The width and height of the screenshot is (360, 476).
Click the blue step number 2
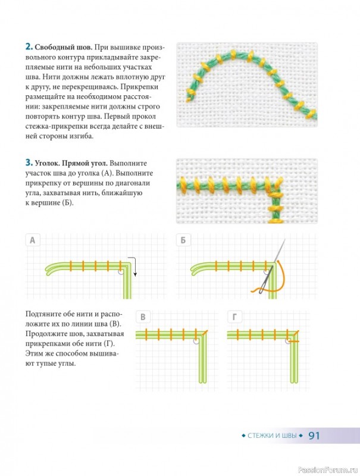pyautogui.click(x=29, y=47)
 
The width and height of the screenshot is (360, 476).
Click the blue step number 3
pyautogui.click(x=29, y=162)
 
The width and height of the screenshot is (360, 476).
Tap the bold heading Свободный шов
pyautogui.click(x=64, y=48)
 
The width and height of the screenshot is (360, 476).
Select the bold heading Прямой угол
pyautogui.click(x=84, y=163)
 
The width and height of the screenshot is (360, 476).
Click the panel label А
pyautogui.click(x=33, y=240)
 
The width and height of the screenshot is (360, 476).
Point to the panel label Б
pyautogui.click(x=183, y=240)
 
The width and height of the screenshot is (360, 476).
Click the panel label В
pyautogui.click(x=143, y=317)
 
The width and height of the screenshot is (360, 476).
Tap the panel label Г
pyautogui.click(x=234, y=317)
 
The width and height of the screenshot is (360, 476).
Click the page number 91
pyautogui.click(x=314, y=436)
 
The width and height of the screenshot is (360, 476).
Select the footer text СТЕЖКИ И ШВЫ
pyautogui.click(x=272, y=436)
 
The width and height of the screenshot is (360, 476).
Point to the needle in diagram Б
pyautogui.click(x=272, y=267)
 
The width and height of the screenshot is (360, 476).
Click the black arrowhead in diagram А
pyautogui.click(x=135, y=274)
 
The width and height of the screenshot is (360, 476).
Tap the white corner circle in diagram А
pyautogui.click(x=121, y=271)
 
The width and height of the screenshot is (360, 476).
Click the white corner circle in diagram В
pyautogui.click(x=196, y=341)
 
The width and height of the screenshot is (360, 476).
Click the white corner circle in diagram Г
pyautogui.click(x=288, y=341)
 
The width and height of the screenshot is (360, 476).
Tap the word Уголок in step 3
pyautogui.click(x=47, y=163)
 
